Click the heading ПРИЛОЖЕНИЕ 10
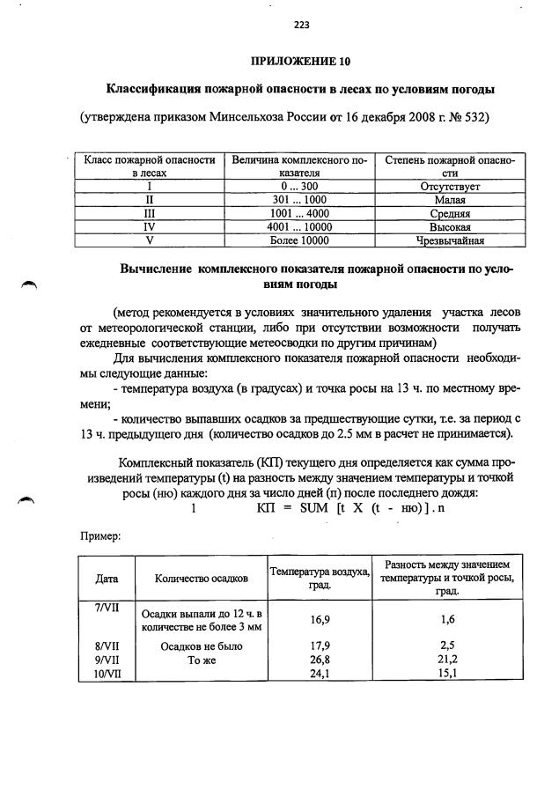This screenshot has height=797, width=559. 300,61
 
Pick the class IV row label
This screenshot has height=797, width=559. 150,226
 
